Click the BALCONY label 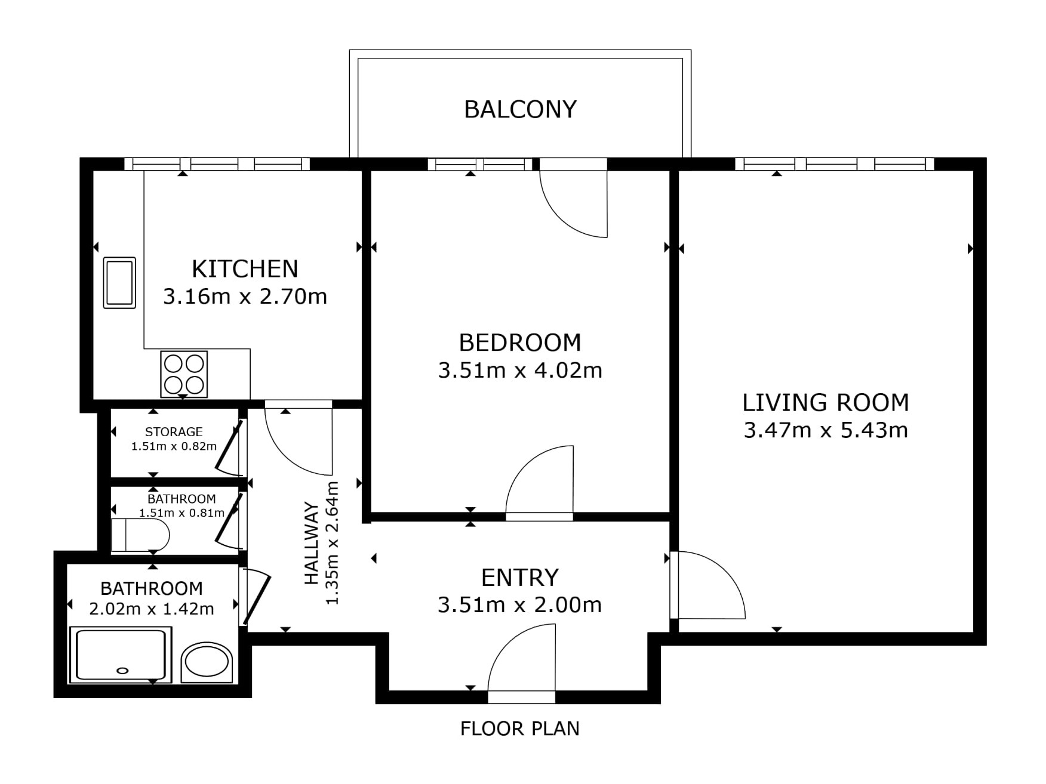(x=520, y=109)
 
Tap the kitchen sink (x=119, y=283)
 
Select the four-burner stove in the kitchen (x=184, y=374)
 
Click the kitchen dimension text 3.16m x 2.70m (x=245, y=297)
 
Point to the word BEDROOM (x=520, y=342)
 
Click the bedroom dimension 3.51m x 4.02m (x=520, y=371)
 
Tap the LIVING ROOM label (x=826, y=403)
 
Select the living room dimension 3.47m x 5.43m (x=826, y=430)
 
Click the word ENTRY (x=520, y=578)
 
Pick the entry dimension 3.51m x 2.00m (x=520, y=605)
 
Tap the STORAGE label (x=174, y=431)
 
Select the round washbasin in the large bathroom (x=207, y=662)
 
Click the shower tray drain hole (x=122, y=671)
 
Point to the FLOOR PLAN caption (x=520, y=729)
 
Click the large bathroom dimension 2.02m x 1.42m (x=152, y=609)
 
